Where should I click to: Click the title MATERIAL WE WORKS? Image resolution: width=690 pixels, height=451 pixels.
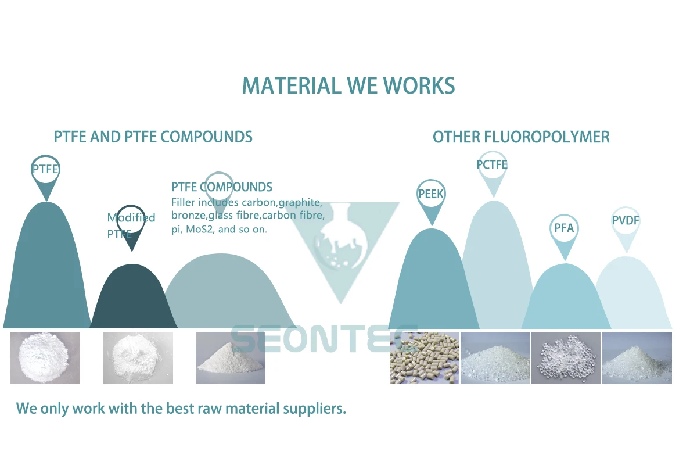pos(348,86)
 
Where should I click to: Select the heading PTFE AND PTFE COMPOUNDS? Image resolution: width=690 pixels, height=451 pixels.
pos(153,137)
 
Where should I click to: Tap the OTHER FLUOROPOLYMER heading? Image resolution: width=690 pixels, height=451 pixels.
pos(521,137)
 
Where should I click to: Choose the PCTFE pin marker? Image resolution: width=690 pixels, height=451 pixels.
pos(492,166)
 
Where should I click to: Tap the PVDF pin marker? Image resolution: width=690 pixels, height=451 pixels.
pos(626,221)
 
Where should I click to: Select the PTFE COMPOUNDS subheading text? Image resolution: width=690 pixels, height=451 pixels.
pos(221,187)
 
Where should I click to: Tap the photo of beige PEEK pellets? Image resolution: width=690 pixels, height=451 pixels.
pos(425,358)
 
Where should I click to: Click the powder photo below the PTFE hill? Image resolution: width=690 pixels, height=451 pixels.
pos(45,358)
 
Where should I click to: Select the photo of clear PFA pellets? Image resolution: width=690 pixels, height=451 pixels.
pos(566,358)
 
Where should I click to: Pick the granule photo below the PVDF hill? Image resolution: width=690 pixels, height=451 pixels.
pos(637,358)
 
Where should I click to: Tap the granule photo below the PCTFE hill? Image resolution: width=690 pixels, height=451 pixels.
pos(495,358)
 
